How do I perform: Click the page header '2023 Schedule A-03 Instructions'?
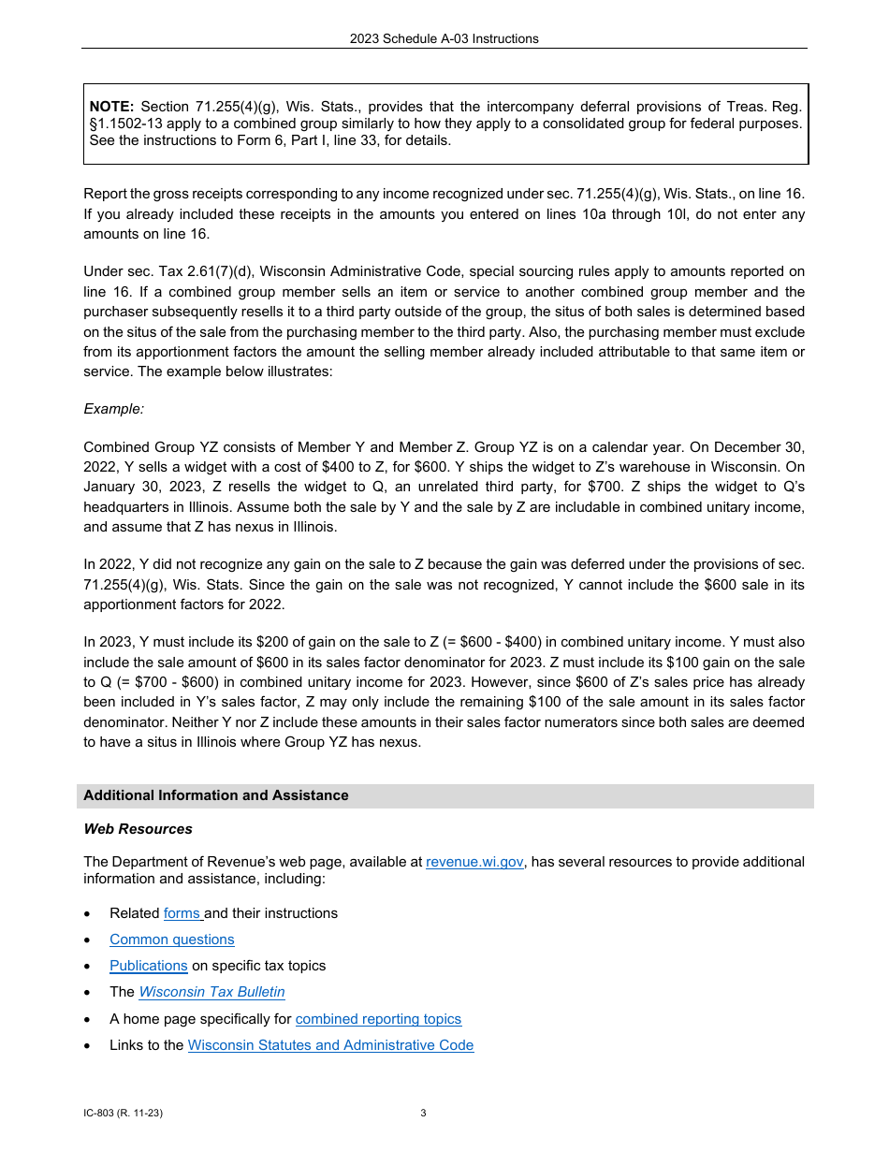[444, 39]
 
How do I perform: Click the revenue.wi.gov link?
[474, 862]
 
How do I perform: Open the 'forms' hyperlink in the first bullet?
[182, 913]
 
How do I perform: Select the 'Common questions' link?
[171, 940]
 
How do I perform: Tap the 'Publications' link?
[148, 966]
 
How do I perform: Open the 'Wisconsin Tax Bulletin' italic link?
[211, 992]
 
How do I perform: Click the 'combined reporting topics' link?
[378, 1019]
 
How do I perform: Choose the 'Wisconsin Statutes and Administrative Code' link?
[330, 1045]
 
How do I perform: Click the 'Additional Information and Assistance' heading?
[215, 795]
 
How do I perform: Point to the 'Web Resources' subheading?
[138, 829]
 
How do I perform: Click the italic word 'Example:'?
[113, 409]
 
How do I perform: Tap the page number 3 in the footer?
[423, 1114]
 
